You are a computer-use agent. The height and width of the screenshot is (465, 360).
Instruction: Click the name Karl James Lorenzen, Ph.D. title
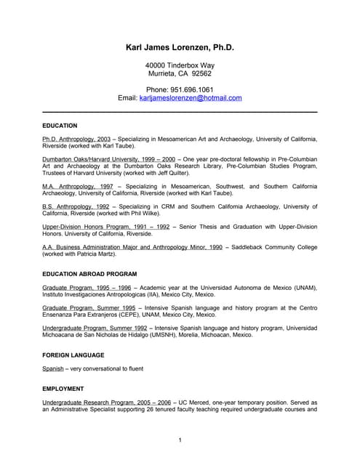180,47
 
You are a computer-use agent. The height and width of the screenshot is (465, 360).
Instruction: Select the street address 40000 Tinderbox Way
180,65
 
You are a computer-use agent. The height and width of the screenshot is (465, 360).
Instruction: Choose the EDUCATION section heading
60,126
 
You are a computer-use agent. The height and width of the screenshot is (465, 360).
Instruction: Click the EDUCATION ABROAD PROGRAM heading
89,274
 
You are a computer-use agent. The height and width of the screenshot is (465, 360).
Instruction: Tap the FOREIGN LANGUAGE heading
73,355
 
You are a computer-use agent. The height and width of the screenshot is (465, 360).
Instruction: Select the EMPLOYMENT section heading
63,389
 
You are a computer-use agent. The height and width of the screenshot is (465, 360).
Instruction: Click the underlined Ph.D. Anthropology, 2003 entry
76,139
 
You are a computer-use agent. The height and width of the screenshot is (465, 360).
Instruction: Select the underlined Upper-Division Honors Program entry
106,227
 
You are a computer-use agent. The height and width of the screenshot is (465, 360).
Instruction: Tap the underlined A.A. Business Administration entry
132,248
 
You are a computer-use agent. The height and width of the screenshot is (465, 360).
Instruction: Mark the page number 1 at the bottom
180,440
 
